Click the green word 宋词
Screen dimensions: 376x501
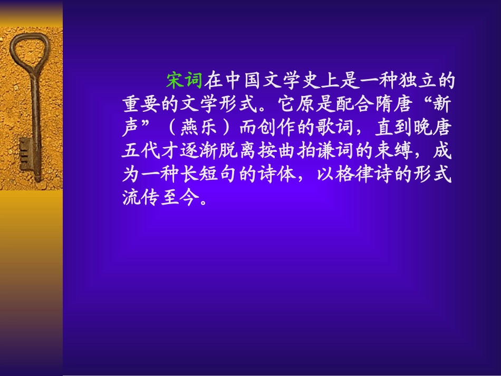[184, 81]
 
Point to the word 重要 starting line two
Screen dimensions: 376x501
[140, 104]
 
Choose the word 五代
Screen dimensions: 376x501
[140, 152]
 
